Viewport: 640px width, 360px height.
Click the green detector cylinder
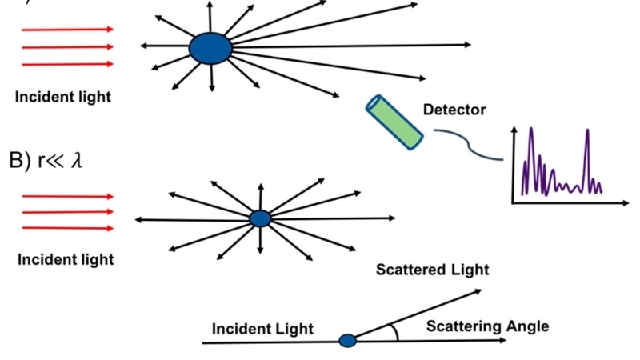[394, 122]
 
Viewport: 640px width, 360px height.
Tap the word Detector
[454, 110]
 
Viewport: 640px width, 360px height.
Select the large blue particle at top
[210, 48]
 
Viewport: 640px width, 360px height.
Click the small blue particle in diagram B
[260, 218]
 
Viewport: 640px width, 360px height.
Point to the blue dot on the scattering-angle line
[347, 341]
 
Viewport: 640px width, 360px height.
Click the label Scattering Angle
[487, 326]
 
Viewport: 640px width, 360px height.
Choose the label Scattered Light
[432, 270]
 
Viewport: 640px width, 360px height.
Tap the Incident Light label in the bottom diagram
[262, 329]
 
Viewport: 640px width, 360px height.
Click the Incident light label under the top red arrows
[63, 98]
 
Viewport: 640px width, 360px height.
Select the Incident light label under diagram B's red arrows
[66, 259]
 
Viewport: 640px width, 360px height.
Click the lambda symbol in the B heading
[77, 160]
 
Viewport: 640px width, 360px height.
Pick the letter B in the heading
[17, 160]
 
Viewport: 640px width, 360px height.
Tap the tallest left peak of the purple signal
[529, 130]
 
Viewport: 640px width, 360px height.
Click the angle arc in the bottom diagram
[393, 332]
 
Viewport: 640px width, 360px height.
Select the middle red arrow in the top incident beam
[68, 47]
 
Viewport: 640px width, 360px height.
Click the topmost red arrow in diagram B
[68, 196]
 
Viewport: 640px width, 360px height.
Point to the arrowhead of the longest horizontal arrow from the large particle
[467, 45]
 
